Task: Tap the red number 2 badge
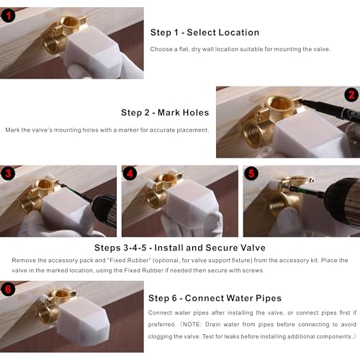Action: [x=351, y=95]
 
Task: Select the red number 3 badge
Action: [x=9, y=174]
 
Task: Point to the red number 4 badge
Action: [x=130, y=174]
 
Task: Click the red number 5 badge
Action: [x=251, y=174]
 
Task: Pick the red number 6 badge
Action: [x=9, y=289]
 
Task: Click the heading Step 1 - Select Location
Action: [x=204, y=32]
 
